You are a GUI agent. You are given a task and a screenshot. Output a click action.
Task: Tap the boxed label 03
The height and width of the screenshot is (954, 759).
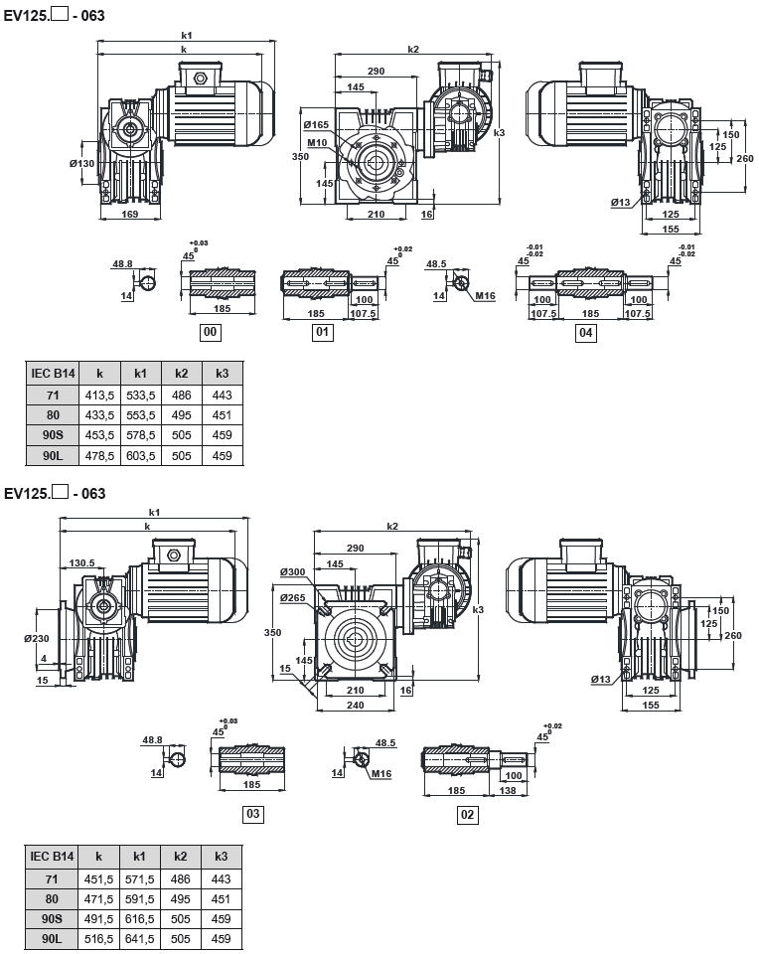253,815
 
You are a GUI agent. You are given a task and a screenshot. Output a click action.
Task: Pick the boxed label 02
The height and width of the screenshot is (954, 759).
467,815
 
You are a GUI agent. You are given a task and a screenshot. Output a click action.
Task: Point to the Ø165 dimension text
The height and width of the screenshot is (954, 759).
315,124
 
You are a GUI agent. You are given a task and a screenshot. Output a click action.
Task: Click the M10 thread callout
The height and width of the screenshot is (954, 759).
317,142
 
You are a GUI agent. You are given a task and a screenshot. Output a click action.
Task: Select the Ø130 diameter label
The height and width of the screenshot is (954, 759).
81,163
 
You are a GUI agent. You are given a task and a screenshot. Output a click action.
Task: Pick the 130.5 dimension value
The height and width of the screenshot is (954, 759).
82,562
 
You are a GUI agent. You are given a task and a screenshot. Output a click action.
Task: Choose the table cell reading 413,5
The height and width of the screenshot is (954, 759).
99,395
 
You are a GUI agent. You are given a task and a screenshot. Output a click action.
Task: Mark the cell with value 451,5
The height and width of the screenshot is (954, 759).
99,877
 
